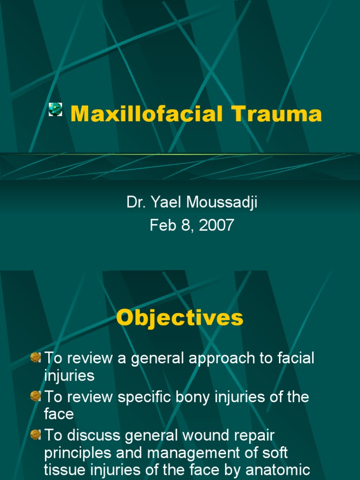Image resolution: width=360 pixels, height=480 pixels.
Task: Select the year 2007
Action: (x=216, y=225)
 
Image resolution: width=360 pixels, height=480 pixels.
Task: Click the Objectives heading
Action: (x=180, y=318)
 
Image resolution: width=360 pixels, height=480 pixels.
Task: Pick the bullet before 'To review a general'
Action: (x=36, y=358)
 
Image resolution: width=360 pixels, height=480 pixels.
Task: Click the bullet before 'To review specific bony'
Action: (x=36, y=396)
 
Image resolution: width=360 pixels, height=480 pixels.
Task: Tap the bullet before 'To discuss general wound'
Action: (x=36, y=435)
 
